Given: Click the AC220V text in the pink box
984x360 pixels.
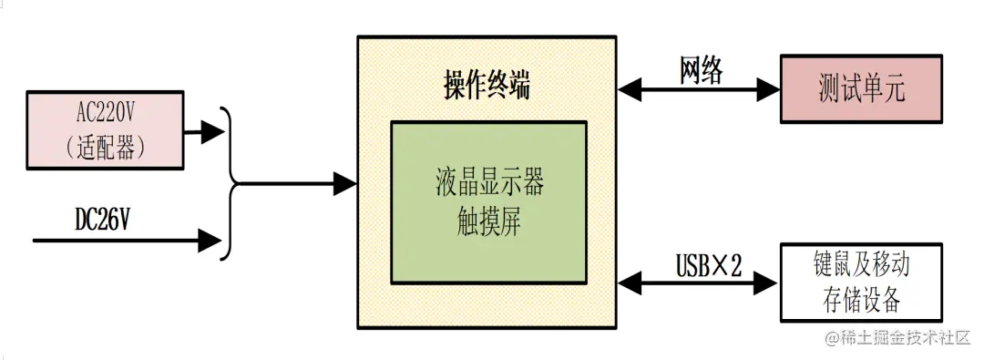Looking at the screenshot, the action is click(107, 114).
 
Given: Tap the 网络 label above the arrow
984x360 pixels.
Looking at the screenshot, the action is click(701, 70).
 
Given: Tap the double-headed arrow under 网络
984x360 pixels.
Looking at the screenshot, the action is click(699, 89).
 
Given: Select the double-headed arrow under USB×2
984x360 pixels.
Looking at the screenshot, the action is click(699, 283).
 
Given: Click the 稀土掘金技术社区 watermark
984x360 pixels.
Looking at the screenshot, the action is click(898, 338).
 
